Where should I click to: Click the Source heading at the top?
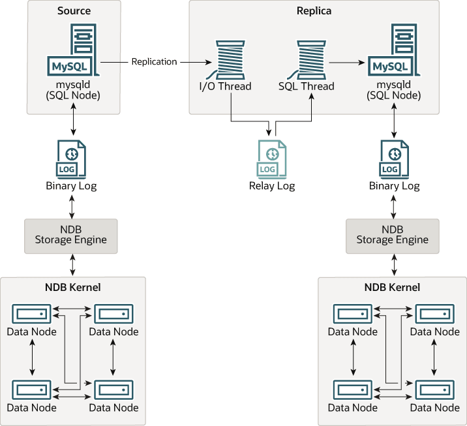point(74,11)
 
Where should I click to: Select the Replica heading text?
point(314,11)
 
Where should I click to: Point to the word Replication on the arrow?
point(154,62)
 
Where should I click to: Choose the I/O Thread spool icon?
point(225,59)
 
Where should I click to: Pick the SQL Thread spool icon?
point(307,59)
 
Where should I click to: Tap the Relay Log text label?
point(271,186)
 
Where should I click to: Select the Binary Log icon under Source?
point(72,159)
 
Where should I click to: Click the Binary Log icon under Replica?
point(393,159)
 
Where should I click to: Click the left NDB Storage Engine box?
point(71,235)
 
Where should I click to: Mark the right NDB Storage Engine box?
point(392,235)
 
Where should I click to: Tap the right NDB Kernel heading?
point(391,287)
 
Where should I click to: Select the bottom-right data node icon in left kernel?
point(113,390)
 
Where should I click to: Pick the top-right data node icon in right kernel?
point(434,314)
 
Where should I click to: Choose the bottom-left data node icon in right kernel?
point(353,390)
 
